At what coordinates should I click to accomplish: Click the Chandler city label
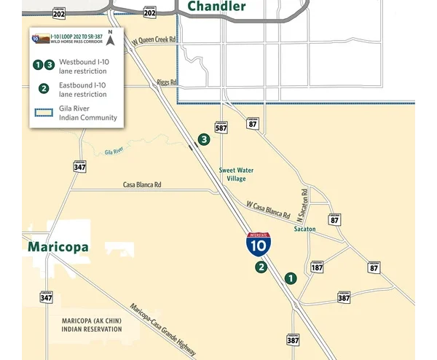[x=216, y=7]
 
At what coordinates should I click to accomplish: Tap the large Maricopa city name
[x=58, y=247]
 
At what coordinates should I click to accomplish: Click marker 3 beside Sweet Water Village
[x=204, y=139]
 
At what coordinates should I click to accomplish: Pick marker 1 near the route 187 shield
[x=291, y=278]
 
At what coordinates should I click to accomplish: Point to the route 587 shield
[x=221, y=127]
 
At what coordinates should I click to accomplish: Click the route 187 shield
[x=317, y=267]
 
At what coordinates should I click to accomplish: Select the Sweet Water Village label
[x=236, y=174]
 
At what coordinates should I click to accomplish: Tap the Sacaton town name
[x=304, y=229]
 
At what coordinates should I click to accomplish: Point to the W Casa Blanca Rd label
[x=268, y=211]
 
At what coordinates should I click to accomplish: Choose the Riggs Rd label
[x=168, y=83]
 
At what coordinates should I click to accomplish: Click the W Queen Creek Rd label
[x=154, y=44]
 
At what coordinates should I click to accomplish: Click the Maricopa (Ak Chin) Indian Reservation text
[x=91, y=325]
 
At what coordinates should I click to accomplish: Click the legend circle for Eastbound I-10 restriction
[x=44, y=89]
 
